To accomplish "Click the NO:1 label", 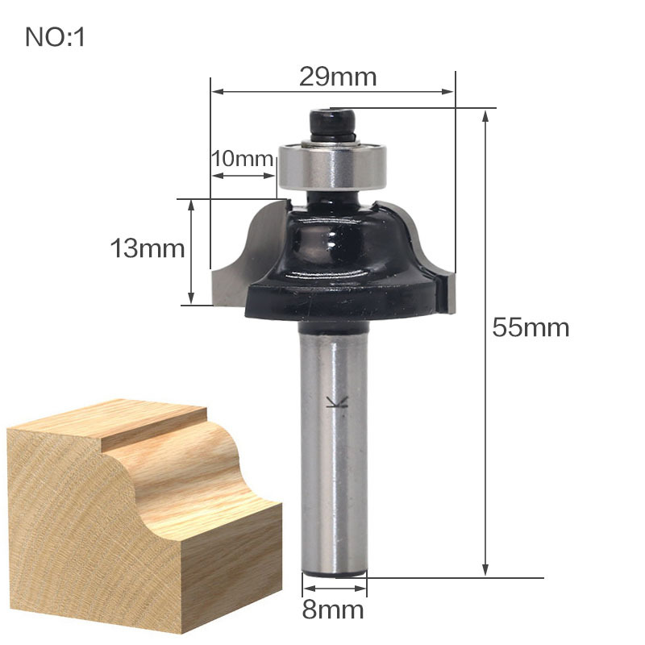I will pyautogui.click(x=55, y=37).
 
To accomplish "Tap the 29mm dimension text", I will pyautogui.click(x=338, y=77).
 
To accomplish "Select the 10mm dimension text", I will pyautogui.click(x=243, y=158).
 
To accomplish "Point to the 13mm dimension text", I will pyautogui.click(x=148, y=248).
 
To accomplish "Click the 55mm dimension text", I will pyautogui.click(x=531, y=328).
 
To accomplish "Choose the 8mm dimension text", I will pyautogui.click(x=333, y=610).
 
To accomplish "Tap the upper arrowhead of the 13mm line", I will pyautogui.click(x=191, y=206).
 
